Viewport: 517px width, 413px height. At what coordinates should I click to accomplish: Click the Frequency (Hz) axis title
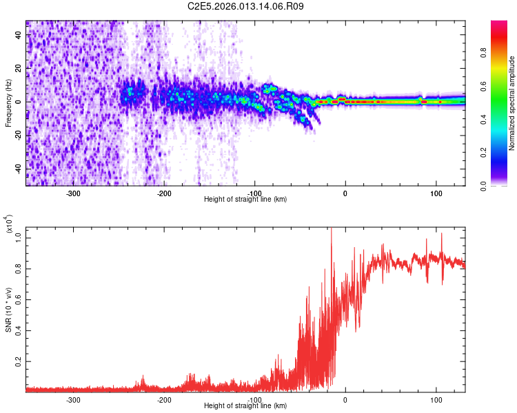pyautogui.click(x=8, y=103)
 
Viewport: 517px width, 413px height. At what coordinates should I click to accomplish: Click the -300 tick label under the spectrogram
pyautogui.click(x=73, y=193)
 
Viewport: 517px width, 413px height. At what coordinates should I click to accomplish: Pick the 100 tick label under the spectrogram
pyautogui.click(x=436, y=193)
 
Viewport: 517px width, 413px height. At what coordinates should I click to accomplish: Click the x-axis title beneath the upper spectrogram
pyautogui.click(x=245, y=200)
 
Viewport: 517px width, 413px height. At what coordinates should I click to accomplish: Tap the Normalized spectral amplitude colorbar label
pyautogui.click(x=512, y=103)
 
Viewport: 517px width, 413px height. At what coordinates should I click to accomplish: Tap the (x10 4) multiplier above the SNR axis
pyautogui.click(x=10, y=224)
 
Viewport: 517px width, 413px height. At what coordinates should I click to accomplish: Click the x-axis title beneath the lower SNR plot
pyautogui.click(x=245, y=406)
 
